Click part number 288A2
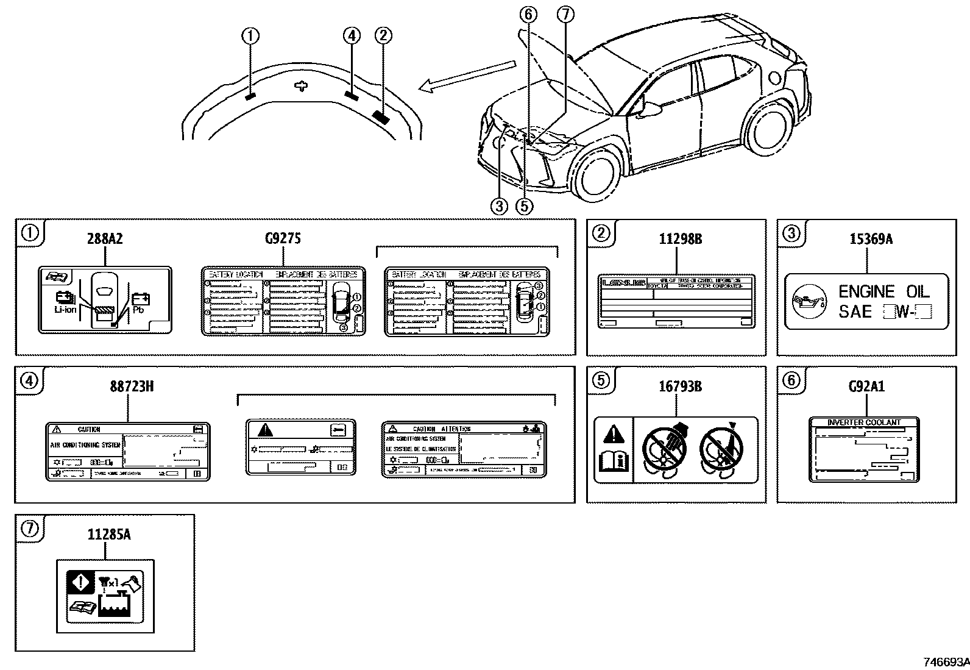tap(104, 238)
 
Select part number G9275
tap(283, 238)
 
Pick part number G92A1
tap(866, 386)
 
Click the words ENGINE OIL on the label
tap(883, 291)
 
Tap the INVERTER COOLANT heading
tap(864, 422)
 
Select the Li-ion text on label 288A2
tap(65, 310)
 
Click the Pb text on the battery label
tap(138, 310)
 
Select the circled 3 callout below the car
tap(499, 206)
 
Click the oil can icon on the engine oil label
tap(807, 302)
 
